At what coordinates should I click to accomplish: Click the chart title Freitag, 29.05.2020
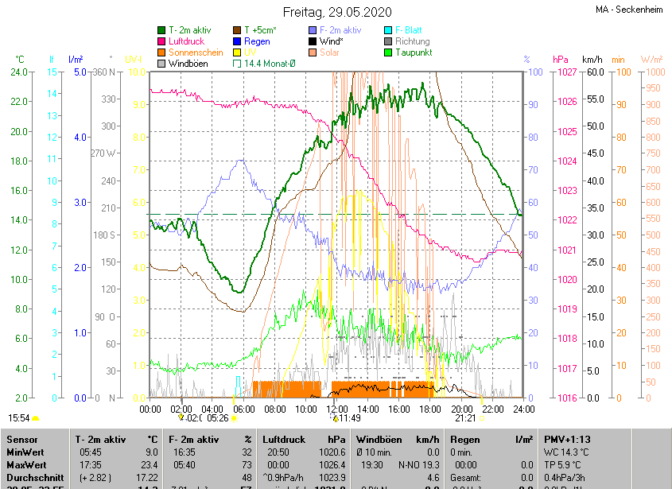click(337, 12)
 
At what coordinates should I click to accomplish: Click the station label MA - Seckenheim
click(630, 10)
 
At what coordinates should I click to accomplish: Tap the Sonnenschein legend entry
click(196, 52)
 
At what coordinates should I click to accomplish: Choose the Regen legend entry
click(257, 41)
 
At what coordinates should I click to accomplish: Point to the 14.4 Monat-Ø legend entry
click(270, 64)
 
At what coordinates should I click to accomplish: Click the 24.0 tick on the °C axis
click(18, 72)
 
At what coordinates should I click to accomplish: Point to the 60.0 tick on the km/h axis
click(592, 72)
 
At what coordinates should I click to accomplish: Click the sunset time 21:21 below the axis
click(465, 417)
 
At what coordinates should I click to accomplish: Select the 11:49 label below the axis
click(350, 417)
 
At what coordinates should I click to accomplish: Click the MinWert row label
click(26, 452)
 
